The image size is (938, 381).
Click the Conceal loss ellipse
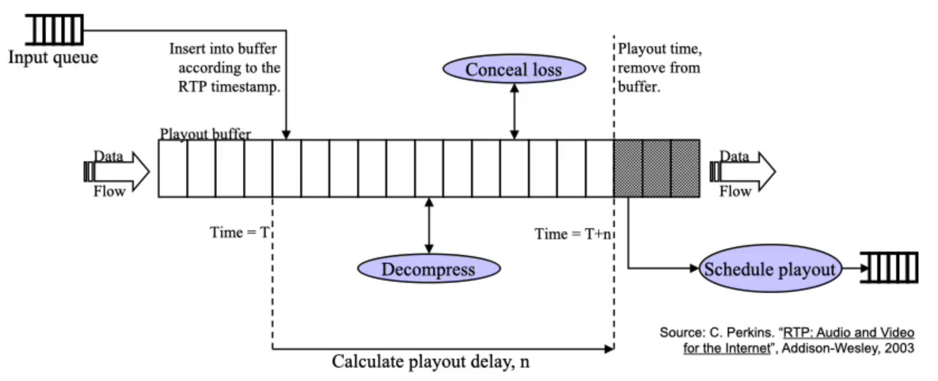pyautogui.click(x=514, y=69)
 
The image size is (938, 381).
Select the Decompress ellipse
pyautogui.click(x=429, y=269)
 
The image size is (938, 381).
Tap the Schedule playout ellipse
pyautogui.click(x=769, y=269)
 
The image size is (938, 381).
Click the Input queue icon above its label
pyautogui.click(x=55, y=30)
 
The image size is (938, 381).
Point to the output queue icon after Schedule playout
pyautogui.click(x=889, y=268)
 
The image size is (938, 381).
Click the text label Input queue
pyautogui.click(x=53, y=57)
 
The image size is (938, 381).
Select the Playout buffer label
pyautogui.click(x=205, y=134)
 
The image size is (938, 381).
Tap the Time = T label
pyautogui.click(x=239, y=232)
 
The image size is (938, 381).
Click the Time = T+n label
pyautogui.click(x=573, y=234)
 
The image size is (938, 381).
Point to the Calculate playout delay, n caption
pyautogui.click(x=430, y=361)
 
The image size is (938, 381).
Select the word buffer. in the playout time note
pyautogui.click(x=639, y=87)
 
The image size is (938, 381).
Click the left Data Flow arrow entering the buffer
pyautogui.click(x=117, y=172)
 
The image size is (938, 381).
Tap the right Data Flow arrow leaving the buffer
pyautogui.click(x=743, y=172)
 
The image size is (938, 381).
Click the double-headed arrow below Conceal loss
pyautogui.click(x=514, y=111)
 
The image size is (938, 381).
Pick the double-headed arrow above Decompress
pyautogui.click(x=429, y=225)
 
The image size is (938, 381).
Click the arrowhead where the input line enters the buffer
pyautogui.click(x=286, y=134)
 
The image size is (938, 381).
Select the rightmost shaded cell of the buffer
pyautogui.click(x=685, y=168)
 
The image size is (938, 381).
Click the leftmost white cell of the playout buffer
pyautogui.click(x=173, y=168)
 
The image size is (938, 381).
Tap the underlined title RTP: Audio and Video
pyautogui.click(x=849, y=332)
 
